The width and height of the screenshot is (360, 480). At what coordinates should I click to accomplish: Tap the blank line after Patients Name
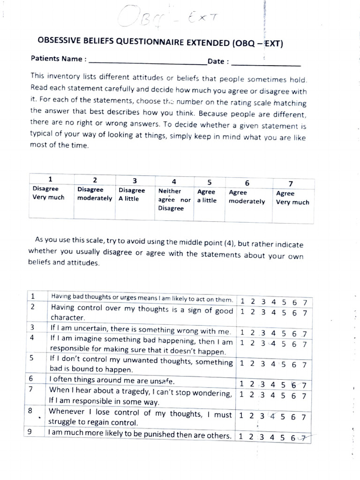point(147,61)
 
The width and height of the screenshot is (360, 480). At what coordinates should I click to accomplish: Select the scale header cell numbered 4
point(173,181)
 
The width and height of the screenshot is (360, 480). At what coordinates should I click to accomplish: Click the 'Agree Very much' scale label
point(292,198)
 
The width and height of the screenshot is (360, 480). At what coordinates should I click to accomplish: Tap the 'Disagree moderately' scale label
point(94,194)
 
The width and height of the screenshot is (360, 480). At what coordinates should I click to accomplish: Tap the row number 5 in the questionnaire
point(31,359)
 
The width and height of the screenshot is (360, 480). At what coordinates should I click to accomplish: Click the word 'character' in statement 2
point(67,318)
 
